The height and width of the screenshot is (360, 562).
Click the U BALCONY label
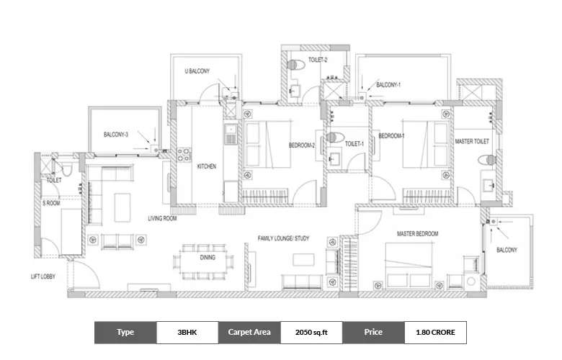coord(197,71)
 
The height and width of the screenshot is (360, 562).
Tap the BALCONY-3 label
coord(116,135)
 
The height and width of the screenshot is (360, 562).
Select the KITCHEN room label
coord(207,166)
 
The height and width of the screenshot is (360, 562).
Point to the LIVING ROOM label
coord(163,217)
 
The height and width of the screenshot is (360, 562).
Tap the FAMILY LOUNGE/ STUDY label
coord(284,237)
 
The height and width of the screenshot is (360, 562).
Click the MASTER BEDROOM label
coord(417,234)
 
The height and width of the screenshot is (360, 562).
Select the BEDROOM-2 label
coord(302,145)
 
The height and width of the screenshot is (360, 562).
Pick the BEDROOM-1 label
coord(391,135)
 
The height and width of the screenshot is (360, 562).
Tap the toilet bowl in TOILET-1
coord(333,137)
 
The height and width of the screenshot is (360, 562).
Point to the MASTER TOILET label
coord(473,142)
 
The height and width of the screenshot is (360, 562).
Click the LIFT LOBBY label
coord(45,276)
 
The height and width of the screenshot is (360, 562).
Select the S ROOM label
coord(51,204)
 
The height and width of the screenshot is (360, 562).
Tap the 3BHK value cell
coord(187,332)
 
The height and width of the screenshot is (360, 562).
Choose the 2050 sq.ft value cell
coord(311,332)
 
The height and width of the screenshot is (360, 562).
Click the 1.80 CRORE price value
coord(435,332)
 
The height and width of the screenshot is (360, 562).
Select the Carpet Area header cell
coord(249,332)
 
